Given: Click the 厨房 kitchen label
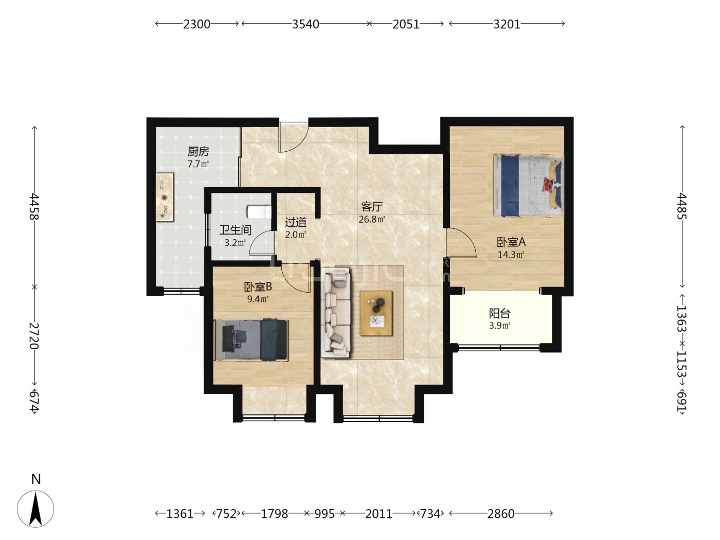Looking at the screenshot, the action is pos(198,152).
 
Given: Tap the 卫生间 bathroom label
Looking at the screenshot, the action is pos(235,230).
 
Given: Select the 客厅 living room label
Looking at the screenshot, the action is pos(372,207).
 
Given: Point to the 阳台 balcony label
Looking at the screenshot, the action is pos(499,313).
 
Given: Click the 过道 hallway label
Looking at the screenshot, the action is pos(296,222).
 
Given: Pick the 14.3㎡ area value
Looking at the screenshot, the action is pos(511,255).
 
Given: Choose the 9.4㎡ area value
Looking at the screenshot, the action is pos(258,299).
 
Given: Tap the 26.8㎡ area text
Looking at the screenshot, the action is pos(372,219).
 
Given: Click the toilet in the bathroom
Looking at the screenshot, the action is pos(259,212).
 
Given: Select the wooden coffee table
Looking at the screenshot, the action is pos(376,313).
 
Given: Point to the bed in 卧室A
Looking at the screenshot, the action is pos(528,186).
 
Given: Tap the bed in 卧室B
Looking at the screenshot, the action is pos(251,340).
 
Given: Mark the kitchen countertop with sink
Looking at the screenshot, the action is pos(165,197).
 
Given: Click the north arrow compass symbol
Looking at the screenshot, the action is pos(35,509).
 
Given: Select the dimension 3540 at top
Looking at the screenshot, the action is pos(305,24).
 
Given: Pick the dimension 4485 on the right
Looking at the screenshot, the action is pos(681,206).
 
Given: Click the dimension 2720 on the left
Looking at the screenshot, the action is pos(34,336).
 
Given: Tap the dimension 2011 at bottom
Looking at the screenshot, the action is pos(379,513).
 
